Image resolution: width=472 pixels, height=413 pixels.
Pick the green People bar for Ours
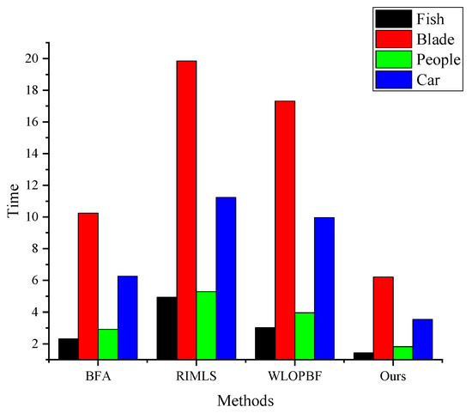(x=402, y=352)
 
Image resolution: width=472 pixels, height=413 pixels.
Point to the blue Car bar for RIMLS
(x=226, y=277)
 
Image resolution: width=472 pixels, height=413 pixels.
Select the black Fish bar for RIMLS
(x=166, y=327)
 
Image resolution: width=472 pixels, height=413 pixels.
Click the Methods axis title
(x=245, y=400)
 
